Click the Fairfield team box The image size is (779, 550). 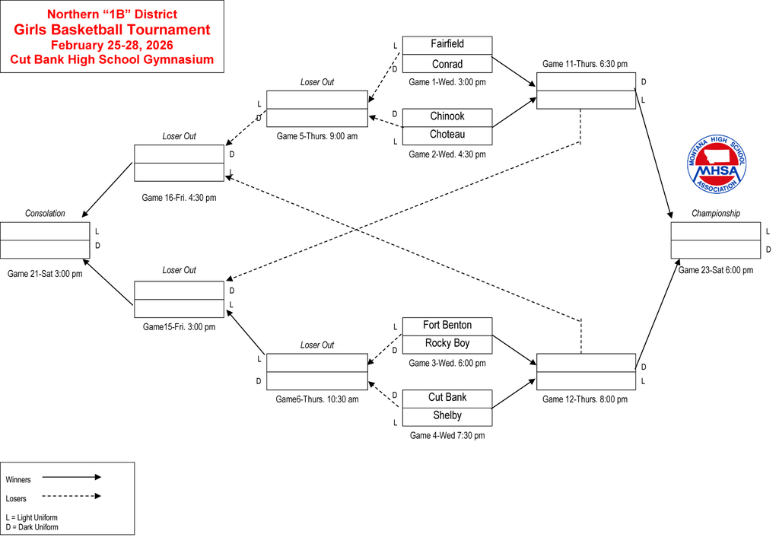pyautogui.click(x=447, y=45)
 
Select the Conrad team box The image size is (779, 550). pyautogui.click(x=447, y=65)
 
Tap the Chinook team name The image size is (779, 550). pyautogui.click(x=447, y=116)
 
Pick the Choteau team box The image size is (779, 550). pyautogui.click(x=447, y=135)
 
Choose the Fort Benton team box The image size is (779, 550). pyautogui.click(x=447, y=326)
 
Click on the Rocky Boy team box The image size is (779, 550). pyautogui.click(x=447, y=344)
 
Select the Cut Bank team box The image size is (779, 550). pyautogui.click(x=447, y=398)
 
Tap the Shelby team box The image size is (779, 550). pyautogui.click(x=447, y=416)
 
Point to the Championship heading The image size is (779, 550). pyautogui.click(x=715, y=214)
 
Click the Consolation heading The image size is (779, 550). pyautogui.click(x=45, y=214)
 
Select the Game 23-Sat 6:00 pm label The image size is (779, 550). pyautogui.click(x=715, y=270)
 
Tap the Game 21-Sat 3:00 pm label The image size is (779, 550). pyautogui.click(x=45, y=273)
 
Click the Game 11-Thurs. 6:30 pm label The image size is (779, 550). pyautogui.click(x=585, y=64)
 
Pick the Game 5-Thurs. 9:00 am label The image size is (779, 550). pyautogui.click(x=316, y=137)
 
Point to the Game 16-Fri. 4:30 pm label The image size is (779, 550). pyautogui.click(x=179, y=198)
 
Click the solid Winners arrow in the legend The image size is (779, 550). pyautogui.click(x=72, y=478)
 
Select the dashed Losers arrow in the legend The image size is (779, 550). pyautogui.click(x=72, y=497)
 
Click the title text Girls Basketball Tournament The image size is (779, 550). pyautogui.click(x=112, y=30)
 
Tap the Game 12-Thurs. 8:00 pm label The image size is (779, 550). pyautogui.click(x=585, y=399)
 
